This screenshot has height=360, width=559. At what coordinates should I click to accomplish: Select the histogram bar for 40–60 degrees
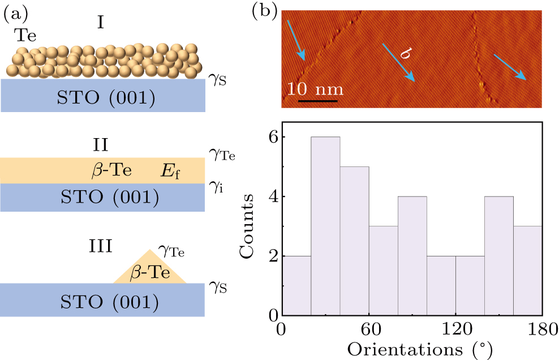(x=354, y=241)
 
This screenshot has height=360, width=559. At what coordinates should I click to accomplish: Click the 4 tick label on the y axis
(x=272, y=196)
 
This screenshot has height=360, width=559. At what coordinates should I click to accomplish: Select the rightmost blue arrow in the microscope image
(x=511, y=67)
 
